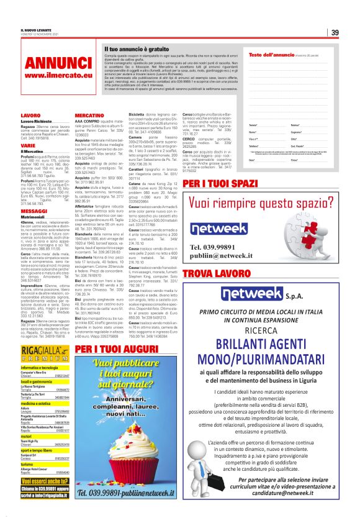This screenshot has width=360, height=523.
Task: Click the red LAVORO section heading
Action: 30,116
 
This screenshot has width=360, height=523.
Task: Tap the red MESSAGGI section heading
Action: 34,211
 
